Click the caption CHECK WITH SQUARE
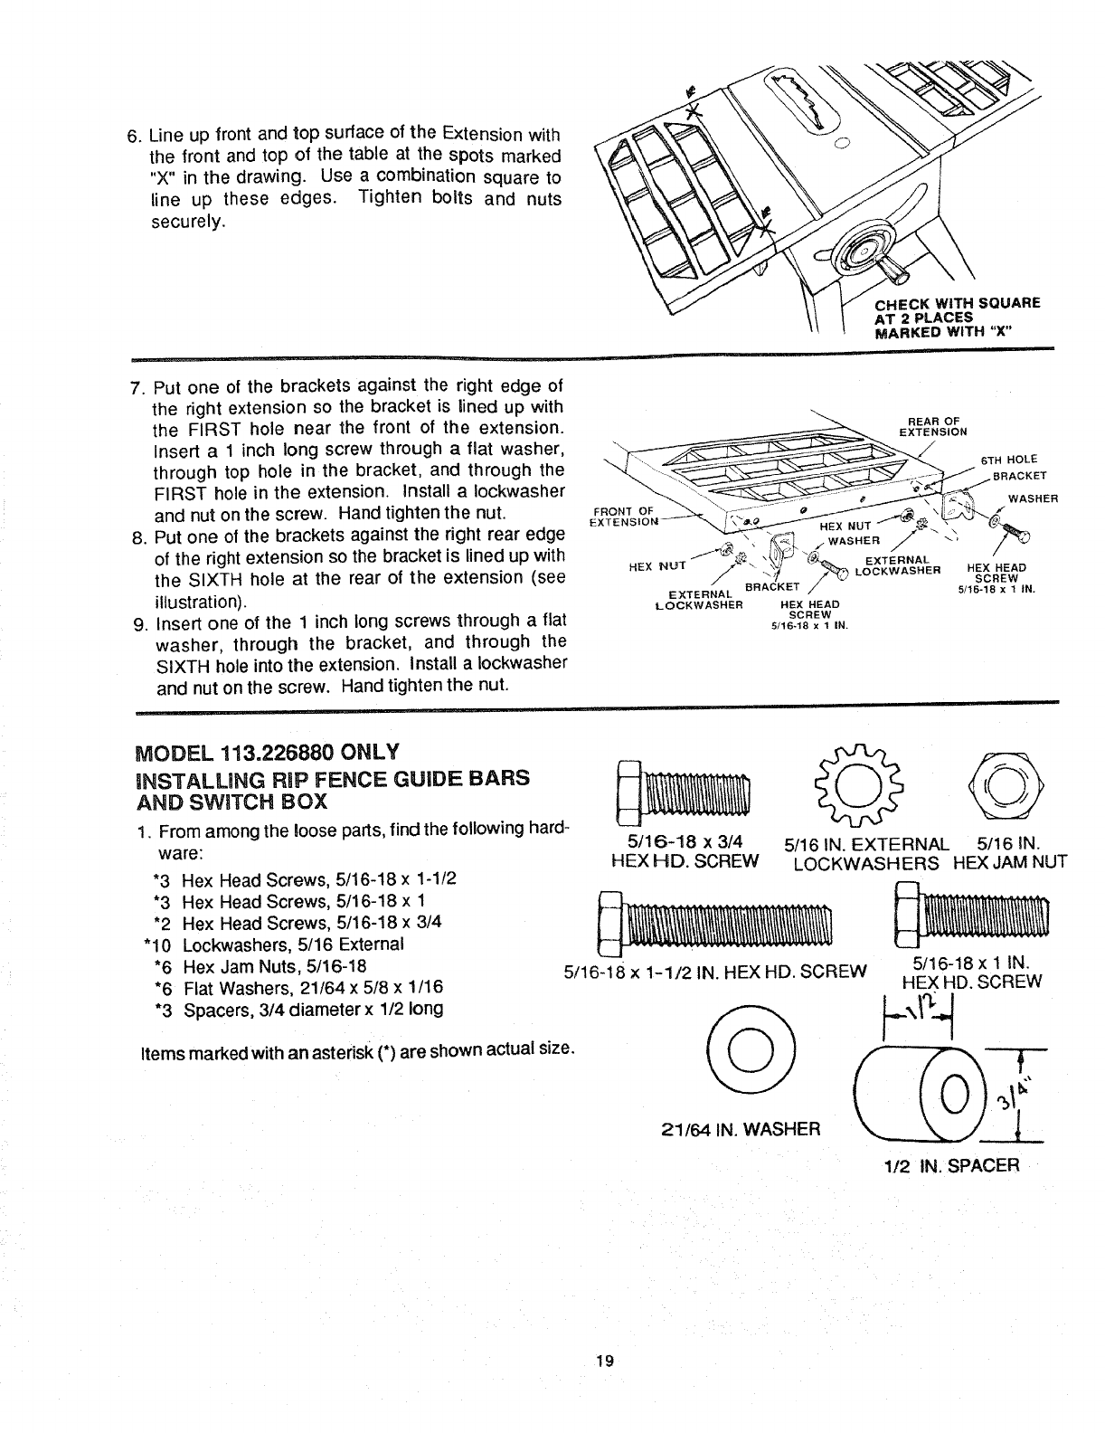958,302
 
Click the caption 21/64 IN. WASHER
736,1128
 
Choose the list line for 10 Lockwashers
275,944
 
